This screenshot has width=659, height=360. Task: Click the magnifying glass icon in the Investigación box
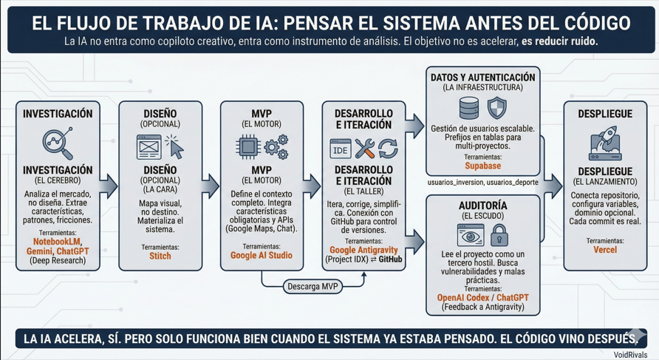point(58,143)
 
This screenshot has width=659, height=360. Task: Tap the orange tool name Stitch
point(160,256)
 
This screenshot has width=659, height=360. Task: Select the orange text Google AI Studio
point(262,255)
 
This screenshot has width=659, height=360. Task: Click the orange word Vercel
point(605,250)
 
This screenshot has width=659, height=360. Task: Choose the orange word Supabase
point(482,166)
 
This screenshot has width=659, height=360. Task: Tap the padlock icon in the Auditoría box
point(499,236)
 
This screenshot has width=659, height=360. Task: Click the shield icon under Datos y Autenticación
point(497,109)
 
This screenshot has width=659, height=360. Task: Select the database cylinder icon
point(469,109)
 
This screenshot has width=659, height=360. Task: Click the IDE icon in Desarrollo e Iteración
point(341,149)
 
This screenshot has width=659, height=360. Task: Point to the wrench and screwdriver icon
point(365,149)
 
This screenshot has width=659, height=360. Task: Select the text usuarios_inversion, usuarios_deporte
point(482,183)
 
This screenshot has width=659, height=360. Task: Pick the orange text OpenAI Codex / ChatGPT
point(483,297)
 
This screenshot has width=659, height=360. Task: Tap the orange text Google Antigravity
point(363,250)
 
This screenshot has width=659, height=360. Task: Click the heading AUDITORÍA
point(483,205)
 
